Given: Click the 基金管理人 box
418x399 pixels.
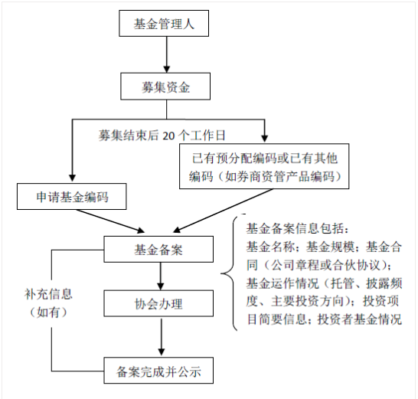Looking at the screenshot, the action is click(x=164, y=23).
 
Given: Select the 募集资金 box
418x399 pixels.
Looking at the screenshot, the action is click(x=165, y=87).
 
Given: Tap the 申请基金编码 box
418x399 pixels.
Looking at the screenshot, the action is click(x=72, y=197).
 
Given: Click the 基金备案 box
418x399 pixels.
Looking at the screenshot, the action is click(x=158, y=249).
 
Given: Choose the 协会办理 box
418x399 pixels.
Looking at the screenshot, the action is click(x=158, y=303).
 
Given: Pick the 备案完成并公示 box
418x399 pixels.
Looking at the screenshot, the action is click(x=158, y=371).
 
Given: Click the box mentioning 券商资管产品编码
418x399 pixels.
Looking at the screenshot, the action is click(x=264, y=166).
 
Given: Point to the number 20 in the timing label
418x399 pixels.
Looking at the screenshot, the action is click(x=168, y=136).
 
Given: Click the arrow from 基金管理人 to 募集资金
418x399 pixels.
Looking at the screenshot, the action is click(x=167, y=54).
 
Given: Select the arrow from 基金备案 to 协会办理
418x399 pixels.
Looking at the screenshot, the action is click(x=160, y=276).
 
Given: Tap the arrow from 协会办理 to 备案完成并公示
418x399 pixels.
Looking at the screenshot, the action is click(x=162, y=337).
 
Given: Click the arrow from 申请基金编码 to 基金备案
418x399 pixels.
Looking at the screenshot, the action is click(x=110, y=221).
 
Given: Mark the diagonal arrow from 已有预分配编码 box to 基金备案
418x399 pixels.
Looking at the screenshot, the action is click(x=223, y=211).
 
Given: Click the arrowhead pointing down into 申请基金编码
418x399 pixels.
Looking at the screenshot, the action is click(x=72, y=178).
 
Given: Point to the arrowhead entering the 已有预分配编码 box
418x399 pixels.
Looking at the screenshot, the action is click(x=264, y=139).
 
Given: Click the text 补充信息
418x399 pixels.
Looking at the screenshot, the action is click(x=48, y=294).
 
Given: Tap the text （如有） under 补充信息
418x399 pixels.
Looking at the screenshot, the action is click(x=48, y=312).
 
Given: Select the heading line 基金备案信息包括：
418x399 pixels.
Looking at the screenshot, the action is click(x=297, y=228).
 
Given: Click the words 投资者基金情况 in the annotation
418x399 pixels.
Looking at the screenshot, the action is click(x=360, y=319).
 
